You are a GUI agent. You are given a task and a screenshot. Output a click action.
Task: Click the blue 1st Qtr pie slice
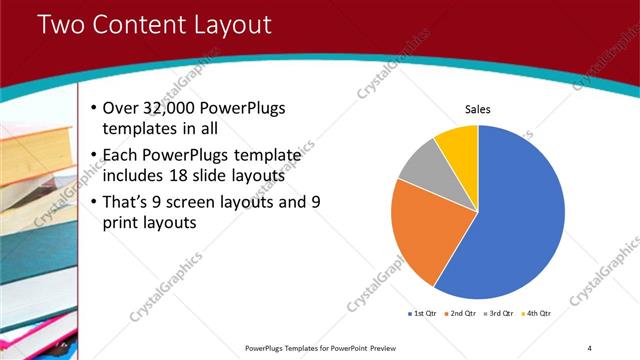[x=510, y=220]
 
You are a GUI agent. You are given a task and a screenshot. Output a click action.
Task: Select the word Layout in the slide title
[x=235, y=25]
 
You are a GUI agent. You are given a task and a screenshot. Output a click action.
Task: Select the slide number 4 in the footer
[x=590, y=347]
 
